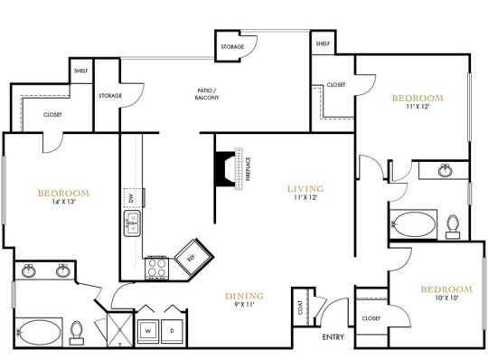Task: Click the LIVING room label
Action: coord(305,189)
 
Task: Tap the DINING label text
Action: coord(244,296)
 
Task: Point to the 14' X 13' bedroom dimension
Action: coord(64,204)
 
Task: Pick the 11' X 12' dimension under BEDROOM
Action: coord(417,108)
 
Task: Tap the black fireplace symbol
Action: coord(224,168)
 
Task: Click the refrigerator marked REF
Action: coord(191,255)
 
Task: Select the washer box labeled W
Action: coord(145,330)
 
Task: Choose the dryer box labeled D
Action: coord(171,330)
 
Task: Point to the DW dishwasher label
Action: coord(130,197)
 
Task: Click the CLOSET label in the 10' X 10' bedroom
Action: coord(370,318)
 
